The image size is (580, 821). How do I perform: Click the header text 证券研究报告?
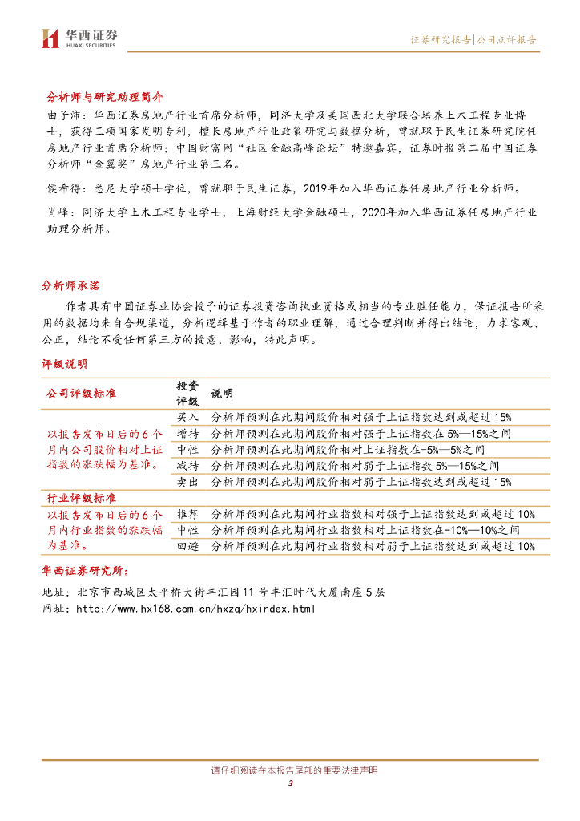441,39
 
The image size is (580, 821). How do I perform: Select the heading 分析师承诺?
70,286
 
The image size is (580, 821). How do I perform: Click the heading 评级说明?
65,364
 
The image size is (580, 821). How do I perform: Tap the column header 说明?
222,394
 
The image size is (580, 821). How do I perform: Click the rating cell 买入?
188,418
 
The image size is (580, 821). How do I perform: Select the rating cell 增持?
188,434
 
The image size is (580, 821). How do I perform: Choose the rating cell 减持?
188,466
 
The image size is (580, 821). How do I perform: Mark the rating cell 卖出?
188,482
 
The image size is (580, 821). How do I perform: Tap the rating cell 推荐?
188,514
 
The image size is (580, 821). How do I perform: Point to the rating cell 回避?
188,546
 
